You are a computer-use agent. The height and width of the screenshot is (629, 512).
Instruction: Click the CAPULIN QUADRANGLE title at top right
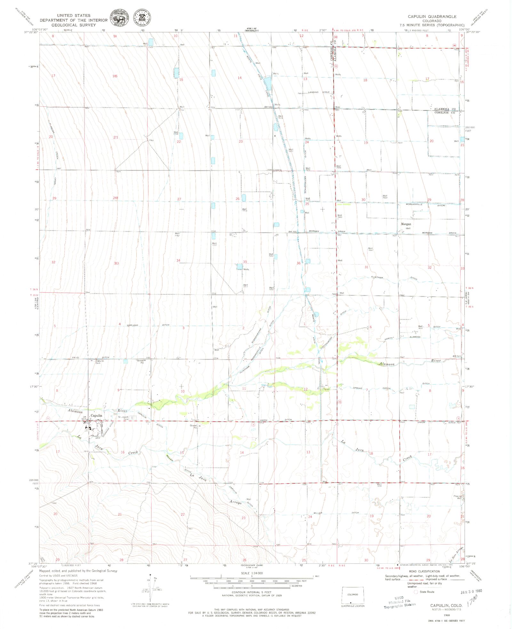pyautogui.click(x=432, y=16)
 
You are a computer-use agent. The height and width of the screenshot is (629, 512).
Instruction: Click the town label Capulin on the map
pyautogui.click(x=96, y=415)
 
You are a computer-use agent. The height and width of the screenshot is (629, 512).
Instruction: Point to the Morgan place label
pyautogui.click(x=406, y=224)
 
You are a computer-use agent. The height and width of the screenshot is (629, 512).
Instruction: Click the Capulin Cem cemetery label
pyautogui.click(x=98, y=362)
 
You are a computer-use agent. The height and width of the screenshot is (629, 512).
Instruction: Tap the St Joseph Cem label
pyautogui.click(x=123, y=417)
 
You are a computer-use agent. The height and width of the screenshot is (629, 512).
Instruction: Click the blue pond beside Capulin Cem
pyautogui.click(x=125, y=361)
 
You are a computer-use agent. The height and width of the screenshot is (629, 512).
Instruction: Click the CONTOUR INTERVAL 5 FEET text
pyautogui.click(x=247, y=592)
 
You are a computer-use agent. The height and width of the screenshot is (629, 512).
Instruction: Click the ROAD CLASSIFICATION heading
pyautogui.click(x=424, y=571)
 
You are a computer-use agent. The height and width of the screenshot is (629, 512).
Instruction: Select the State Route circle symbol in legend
pyautogui.click(x=416, y=592)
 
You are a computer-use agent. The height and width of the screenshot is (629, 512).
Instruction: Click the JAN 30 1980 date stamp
pyautogui.click(x=471, y=592)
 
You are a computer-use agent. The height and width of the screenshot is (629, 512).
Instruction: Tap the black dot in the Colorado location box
pyautogui.click(x=351, y=594)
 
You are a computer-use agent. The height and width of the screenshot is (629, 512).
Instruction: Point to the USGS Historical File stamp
pyautogui.click(x=400, y=602)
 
